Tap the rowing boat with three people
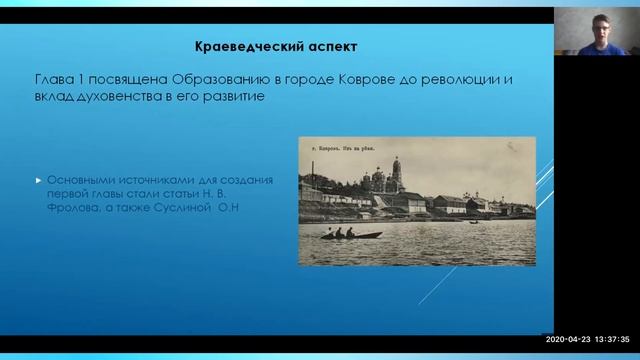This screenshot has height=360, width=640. point(350,234)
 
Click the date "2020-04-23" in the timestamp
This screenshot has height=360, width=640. point(567,339)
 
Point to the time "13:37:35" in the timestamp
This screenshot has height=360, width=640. point(613,339)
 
